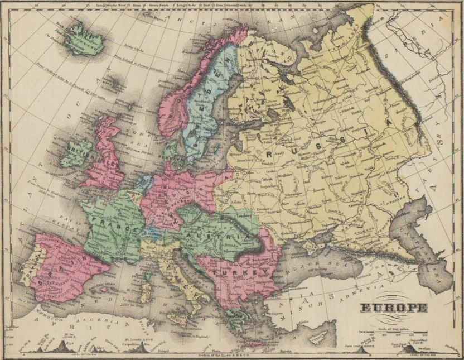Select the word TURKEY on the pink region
coord(239,269)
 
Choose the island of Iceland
coord(84,39)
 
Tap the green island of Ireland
coord(77,153)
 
